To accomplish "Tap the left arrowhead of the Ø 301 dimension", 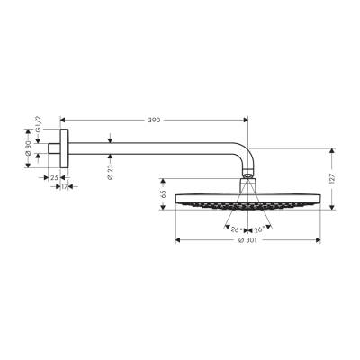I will pyautogui.click(x=177, y=239).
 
